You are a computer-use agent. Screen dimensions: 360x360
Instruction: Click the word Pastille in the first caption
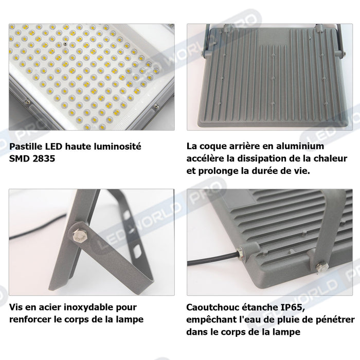(x=24, y=147)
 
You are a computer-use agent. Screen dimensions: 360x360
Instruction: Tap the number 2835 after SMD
(x=43, y=159)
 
